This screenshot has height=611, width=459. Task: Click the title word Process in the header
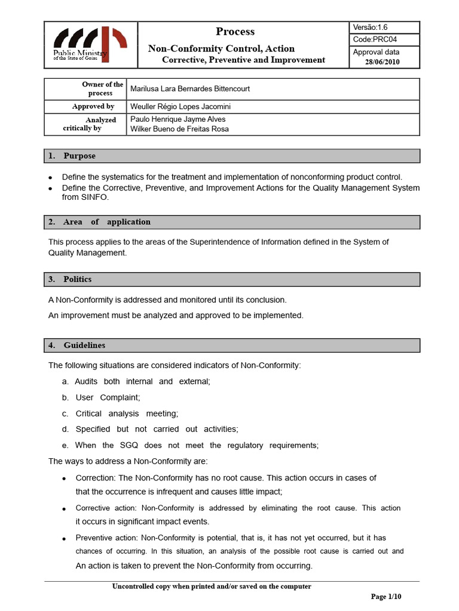click(235, 32)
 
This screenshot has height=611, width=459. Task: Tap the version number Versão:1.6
click(371, 27)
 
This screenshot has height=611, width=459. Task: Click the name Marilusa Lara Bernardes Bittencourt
click(190, 89)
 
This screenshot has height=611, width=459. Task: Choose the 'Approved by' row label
click(93, 106)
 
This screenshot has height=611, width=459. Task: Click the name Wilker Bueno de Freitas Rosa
click(179, 129)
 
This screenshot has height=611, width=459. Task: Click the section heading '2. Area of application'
click(99, 222)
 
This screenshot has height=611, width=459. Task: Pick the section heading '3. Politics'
click(71, 279)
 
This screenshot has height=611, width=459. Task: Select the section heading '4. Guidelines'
click(77, 345)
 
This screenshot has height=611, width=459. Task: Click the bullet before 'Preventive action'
click(63, 539)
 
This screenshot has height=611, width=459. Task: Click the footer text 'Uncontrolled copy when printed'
click(212, 587)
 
